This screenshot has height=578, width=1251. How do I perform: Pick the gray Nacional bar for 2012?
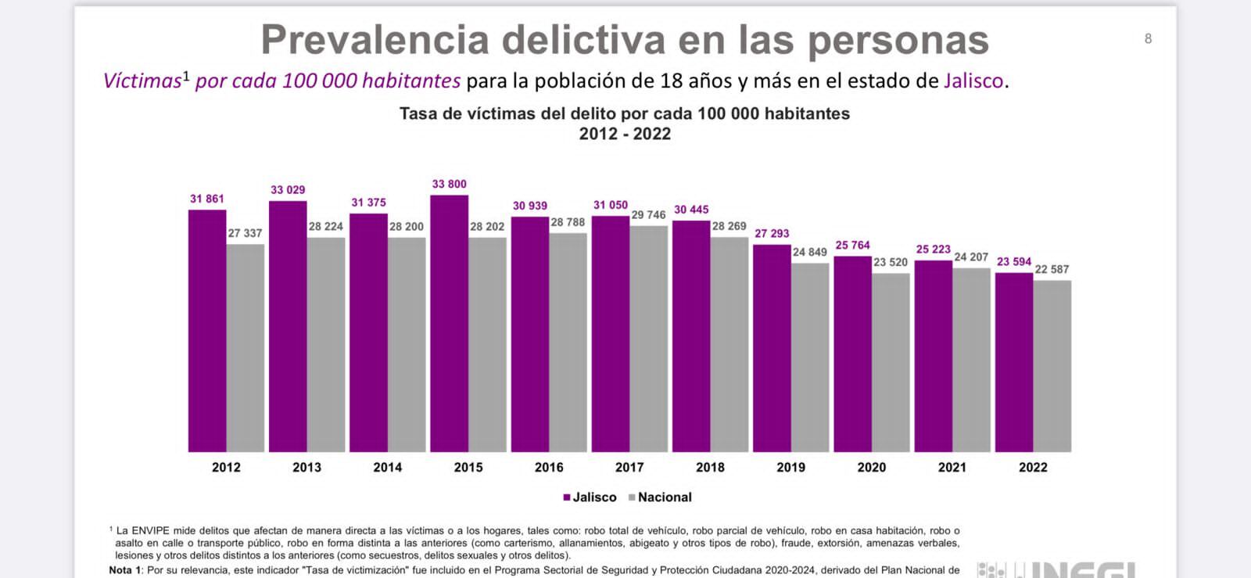(x=246, y=348)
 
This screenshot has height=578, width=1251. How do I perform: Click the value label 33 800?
(x=450, y=185)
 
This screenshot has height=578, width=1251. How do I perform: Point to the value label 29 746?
(x=649, y=215)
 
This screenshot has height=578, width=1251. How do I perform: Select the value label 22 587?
(x=1052, y=270)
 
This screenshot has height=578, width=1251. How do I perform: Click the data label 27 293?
(x=772, y=234)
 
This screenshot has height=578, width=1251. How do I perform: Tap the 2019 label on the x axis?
(x=790, y=468)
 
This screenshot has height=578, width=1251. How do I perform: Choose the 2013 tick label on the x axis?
(x=306, y=468)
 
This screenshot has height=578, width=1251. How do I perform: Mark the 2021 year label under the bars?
(x=952, y=468)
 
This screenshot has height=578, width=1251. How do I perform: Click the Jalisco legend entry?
(x=590, y=497)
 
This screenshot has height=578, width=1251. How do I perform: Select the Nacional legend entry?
(x=661, y=497)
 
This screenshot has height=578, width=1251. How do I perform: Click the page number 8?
(x=1148, y=39)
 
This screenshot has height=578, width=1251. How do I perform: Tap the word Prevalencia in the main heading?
(x=375, y=41)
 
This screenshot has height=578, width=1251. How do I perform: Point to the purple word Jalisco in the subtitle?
(x=973, y=81)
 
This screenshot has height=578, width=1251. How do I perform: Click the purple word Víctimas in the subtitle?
(x=142, y=81)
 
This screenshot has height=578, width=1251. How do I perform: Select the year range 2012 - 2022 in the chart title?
(x=625, y=134)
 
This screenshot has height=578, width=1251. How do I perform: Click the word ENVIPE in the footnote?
(x=150, y=531)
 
